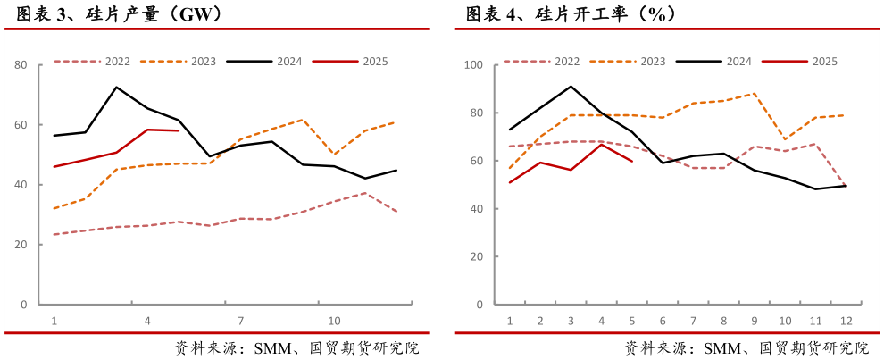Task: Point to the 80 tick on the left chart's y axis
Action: click(21, 65)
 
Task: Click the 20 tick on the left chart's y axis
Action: click(21, 245)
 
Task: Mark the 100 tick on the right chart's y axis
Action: click(473, 65)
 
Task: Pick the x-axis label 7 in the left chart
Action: click(240, 321)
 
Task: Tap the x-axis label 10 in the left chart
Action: click(334, 321)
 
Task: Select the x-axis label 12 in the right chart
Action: click(846, 321)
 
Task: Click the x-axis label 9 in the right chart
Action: click(755, 321)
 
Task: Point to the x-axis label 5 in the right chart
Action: click(632, 321)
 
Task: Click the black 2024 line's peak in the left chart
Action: click(116, 88)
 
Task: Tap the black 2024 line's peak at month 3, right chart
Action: click(571, 87)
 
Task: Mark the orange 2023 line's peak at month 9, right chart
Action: click(755, 93)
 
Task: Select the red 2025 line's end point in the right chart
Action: click(632, 161)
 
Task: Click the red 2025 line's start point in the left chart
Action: click(54, 167)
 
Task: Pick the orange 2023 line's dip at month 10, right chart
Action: click(785, 139)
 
